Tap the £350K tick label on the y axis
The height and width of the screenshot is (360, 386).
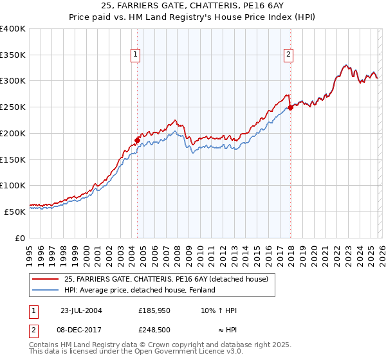[13, 55]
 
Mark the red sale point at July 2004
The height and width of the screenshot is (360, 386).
[137, 139]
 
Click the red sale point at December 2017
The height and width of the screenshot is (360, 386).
[290, 107]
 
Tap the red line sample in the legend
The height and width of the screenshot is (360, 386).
[46, 279]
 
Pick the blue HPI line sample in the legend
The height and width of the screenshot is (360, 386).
[46, 290]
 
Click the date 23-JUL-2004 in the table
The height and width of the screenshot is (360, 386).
[81, 310]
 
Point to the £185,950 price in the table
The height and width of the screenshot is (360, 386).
[153, 310]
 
